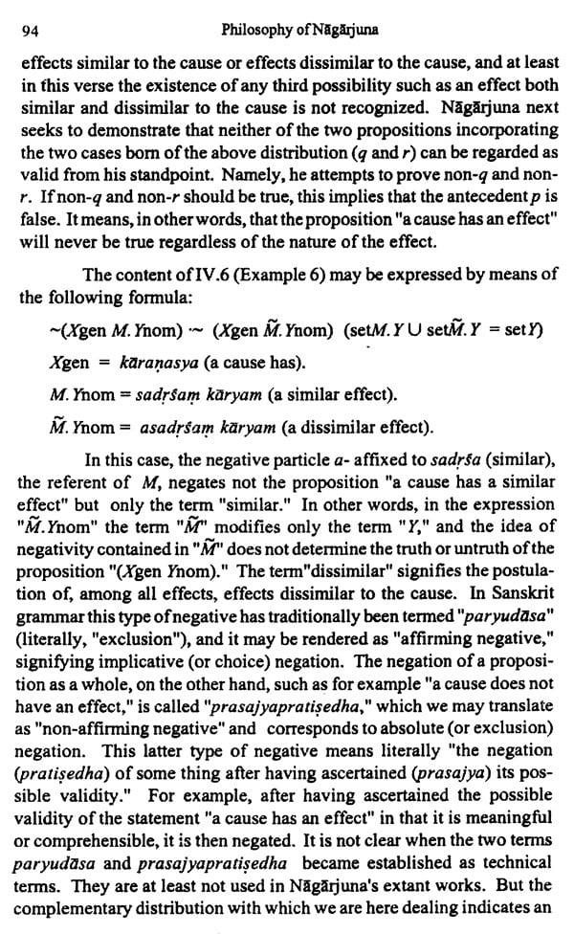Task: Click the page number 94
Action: point(29,30)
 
